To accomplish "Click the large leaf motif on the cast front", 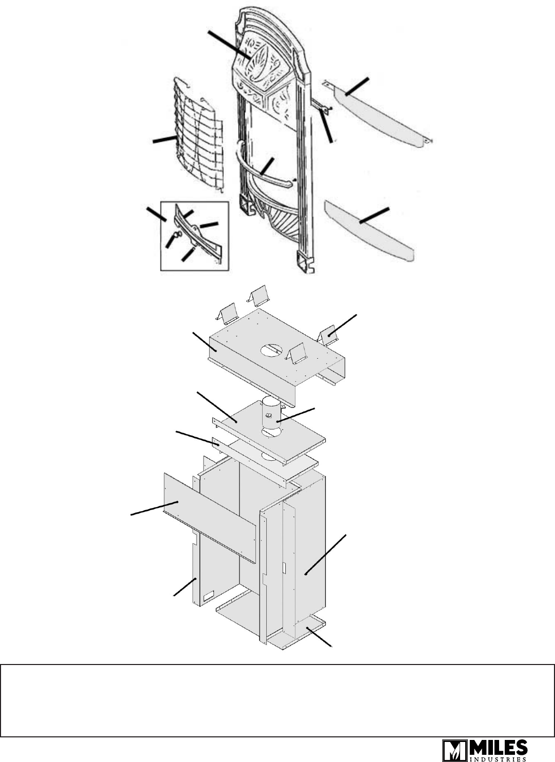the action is tap(257, 65).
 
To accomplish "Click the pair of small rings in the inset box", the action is tap(177, 234).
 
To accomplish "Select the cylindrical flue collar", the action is tap(271, 415).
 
